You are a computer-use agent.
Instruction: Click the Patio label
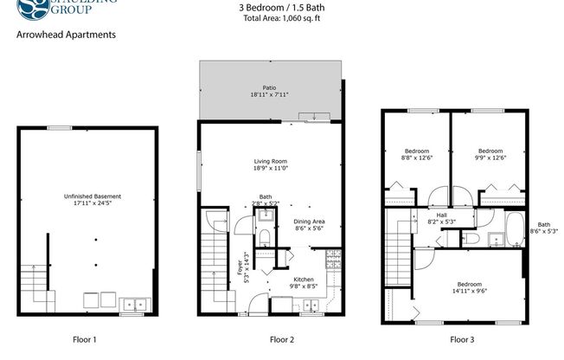coord(270,87)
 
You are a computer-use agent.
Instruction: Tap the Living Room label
coord(271,161)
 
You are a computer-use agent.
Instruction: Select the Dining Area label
coord(309,222)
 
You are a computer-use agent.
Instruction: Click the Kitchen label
coord(303,279)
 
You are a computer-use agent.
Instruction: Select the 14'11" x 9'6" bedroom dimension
coord(470,292)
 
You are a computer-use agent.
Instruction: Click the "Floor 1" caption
coord(83,339)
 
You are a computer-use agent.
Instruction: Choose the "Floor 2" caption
coord(283,339)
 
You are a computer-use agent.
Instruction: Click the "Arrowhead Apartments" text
coord(66,35)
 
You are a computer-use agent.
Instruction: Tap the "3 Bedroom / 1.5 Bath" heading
coord(283,8)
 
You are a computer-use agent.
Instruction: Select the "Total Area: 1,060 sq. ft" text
coord(283,18)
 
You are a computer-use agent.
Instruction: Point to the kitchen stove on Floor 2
coord(334,257)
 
